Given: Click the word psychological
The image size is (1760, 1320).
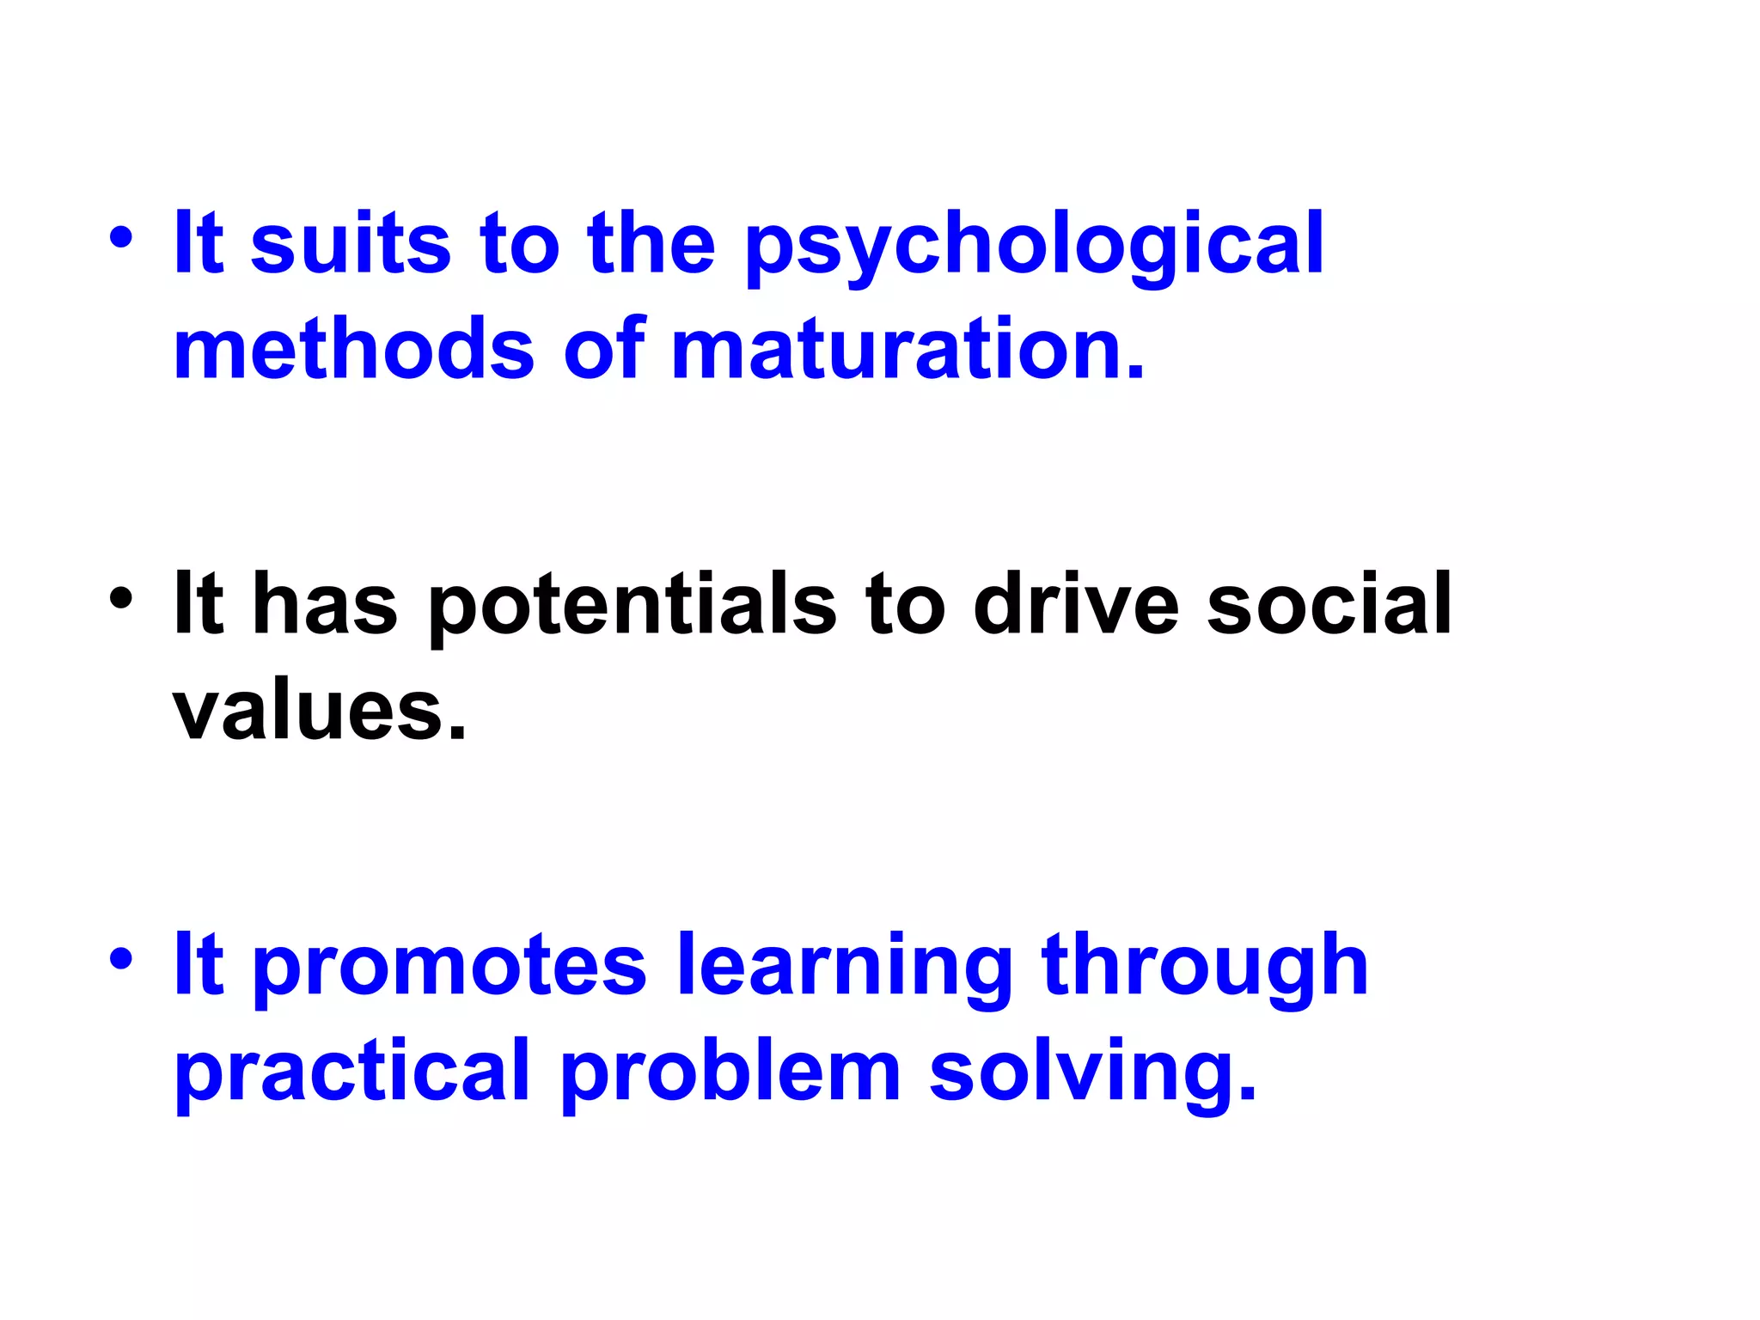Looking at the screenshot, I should [1034, 246].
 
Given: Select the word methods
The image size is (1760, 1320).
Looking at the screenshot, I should [354, 349].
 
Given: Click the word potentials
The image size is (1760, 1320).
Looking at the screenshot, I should [632, 606].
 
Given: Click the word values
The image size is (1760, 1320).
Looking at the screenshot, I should [320, 712].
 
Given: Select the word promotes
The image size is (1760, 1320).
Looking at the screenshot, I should [449, 967].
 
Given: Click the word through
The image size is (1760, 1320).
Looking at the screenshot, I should [1204, 967].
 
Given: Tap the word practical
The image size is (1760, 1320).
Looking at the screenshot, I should [352, 1072].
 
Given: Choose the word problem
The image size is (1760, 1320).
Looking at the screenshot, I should [730, 1071].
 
